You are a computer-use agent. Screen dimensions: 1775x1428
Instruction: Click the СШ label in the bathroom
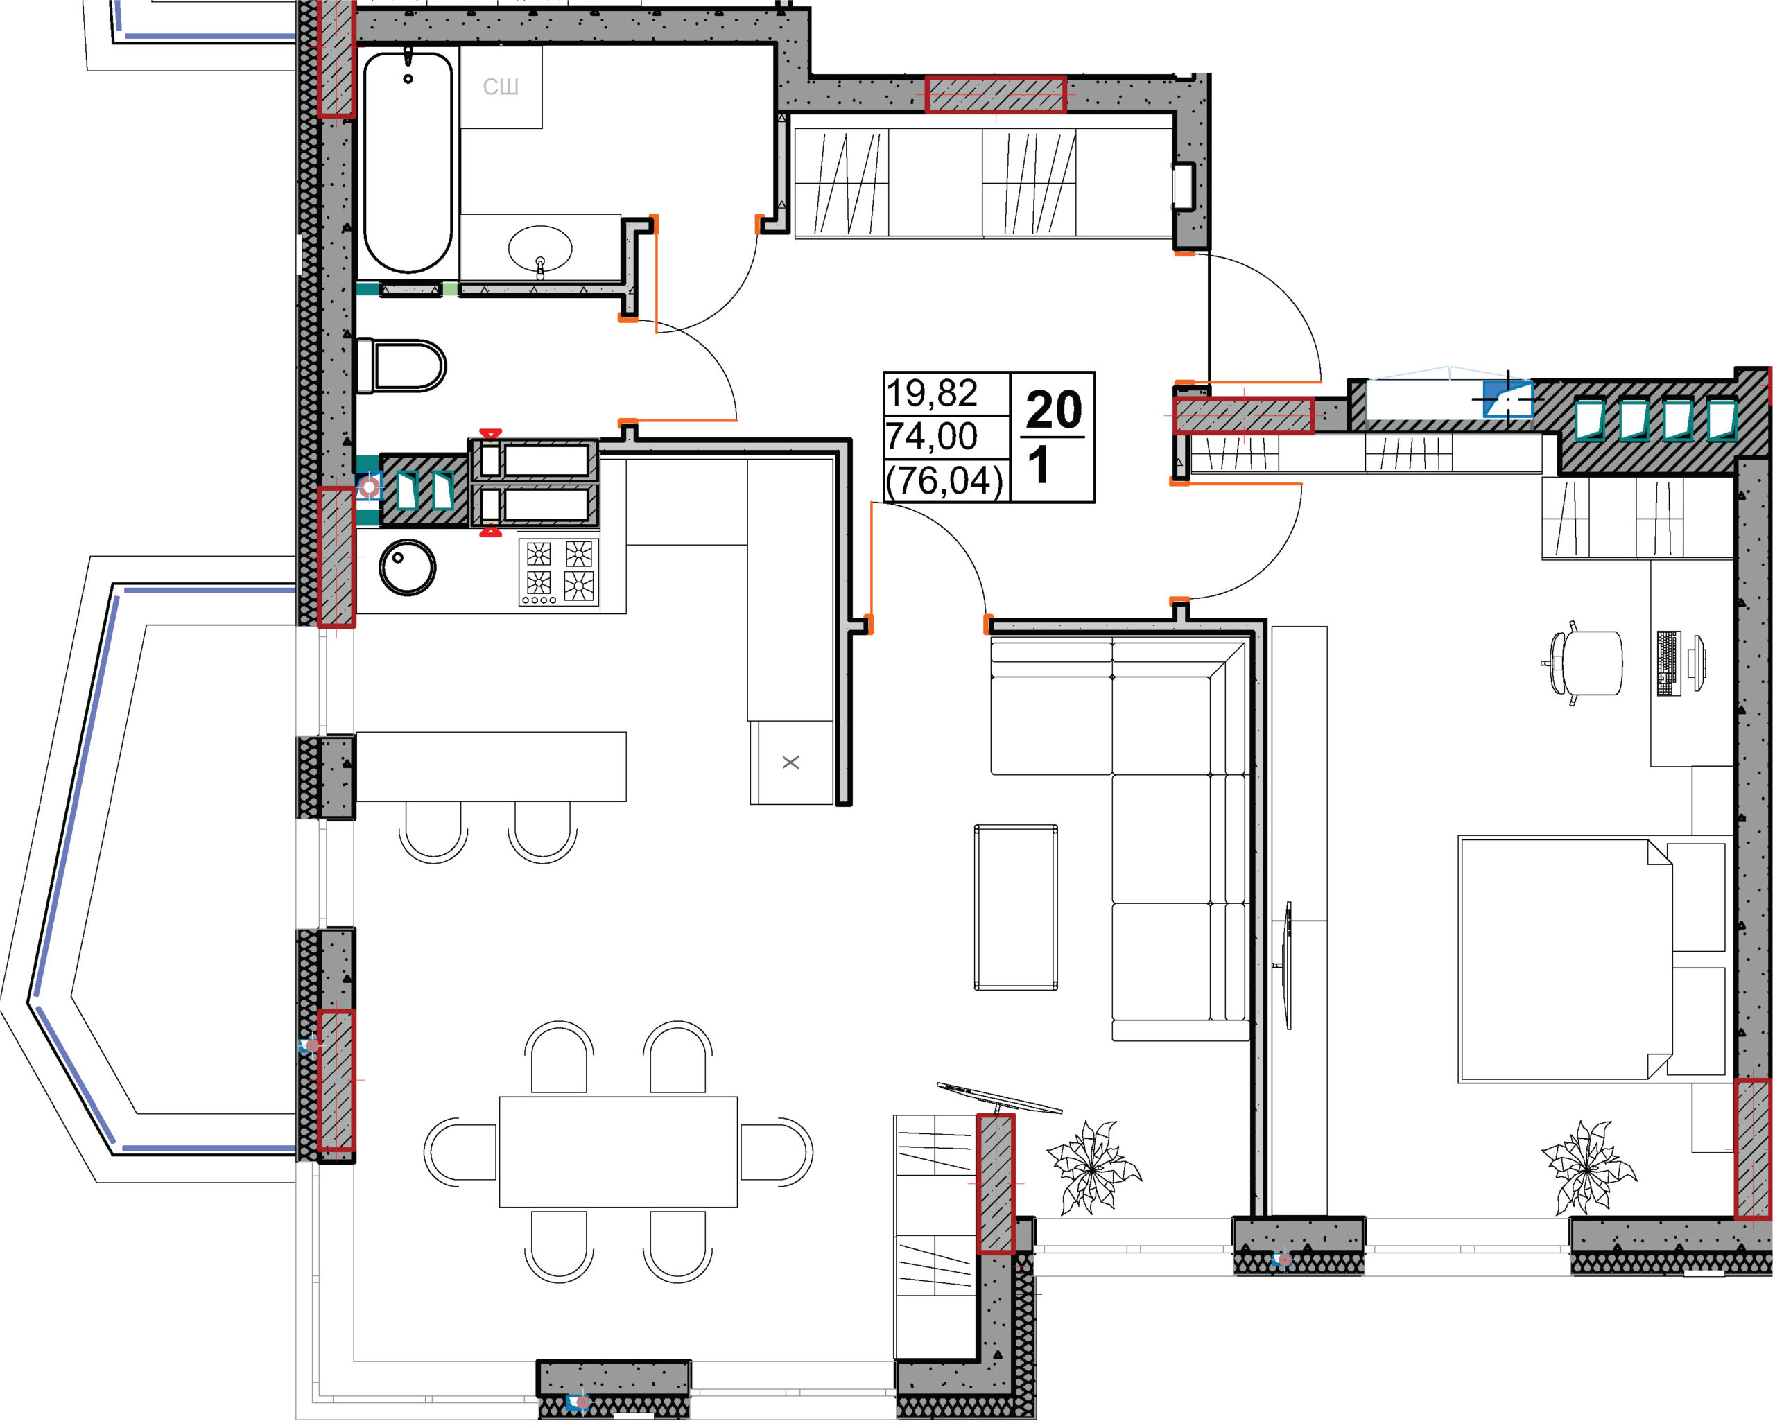501,87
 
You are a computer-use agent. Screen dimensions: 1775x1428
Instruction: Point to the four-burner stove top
559,571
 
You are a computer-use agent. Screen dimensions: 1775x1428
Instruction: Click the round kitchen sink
408,567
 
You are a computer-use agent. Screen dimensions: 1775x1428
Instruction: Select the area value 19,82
932,394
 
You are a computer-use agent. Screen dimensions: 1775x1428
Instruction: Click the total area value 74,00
932,436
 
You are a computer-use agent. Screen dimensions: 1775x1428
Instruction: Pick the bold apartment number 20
1054,409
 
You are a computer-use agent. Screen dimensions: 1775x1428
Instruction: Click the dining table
618,1151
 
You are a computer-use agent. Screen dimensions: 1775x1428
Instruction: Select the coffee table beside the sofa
1016,907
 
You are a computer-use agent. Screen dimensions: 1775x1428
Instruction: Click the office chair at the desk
1586,663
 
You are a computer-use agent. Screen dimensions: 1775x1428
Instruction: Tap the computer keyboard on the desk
1668,663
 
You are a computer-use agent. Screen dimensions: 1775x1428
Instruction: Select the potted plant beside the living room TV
1093,1167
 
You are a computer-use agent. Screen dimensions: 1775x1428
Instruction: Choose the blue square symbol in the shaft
1507,399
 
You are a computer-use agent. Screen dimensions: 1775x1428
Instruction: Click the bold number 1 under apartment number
1039,465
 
